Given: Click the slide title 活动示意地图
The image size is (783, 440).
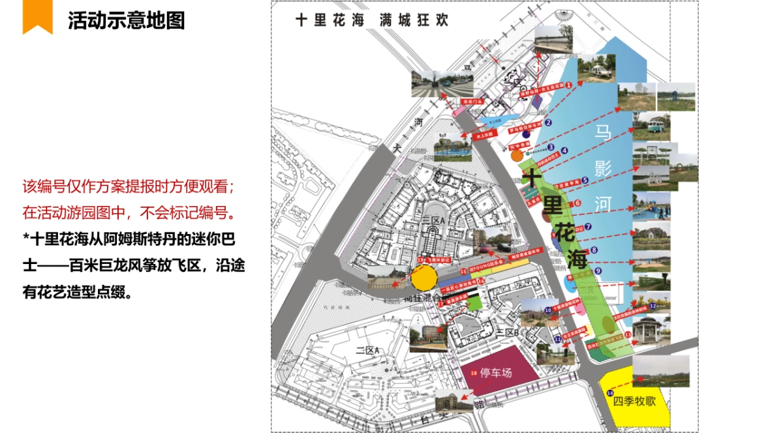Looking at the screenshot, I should pyautogui.click(x=126, y=20).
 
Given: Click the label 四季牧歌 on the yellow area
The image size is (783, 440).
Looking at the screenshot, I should pyautogui.click(x=634, y=401).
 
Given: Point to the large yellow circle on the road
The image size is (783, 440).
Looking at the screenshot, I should pyautogui.click(x=423, y=279).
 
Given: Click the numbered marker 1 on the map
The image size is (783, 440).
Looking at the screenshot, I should pyautogui.click(x=568, y=85).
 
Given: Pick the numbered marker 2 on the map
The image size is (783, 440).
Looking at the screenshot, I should pyautogui.click(x=549, y=122).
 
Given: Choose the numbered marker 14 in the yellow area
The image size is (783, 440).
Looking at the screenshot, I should pyautogui.click(x=609, y=392).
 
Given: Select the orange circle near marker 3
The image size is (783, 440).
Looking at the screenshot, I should pyautogui.click(x=517, y=155).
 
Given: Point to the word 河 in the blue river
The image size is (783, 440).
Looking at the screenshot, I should pyautogui.click(x=602, y=204).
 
